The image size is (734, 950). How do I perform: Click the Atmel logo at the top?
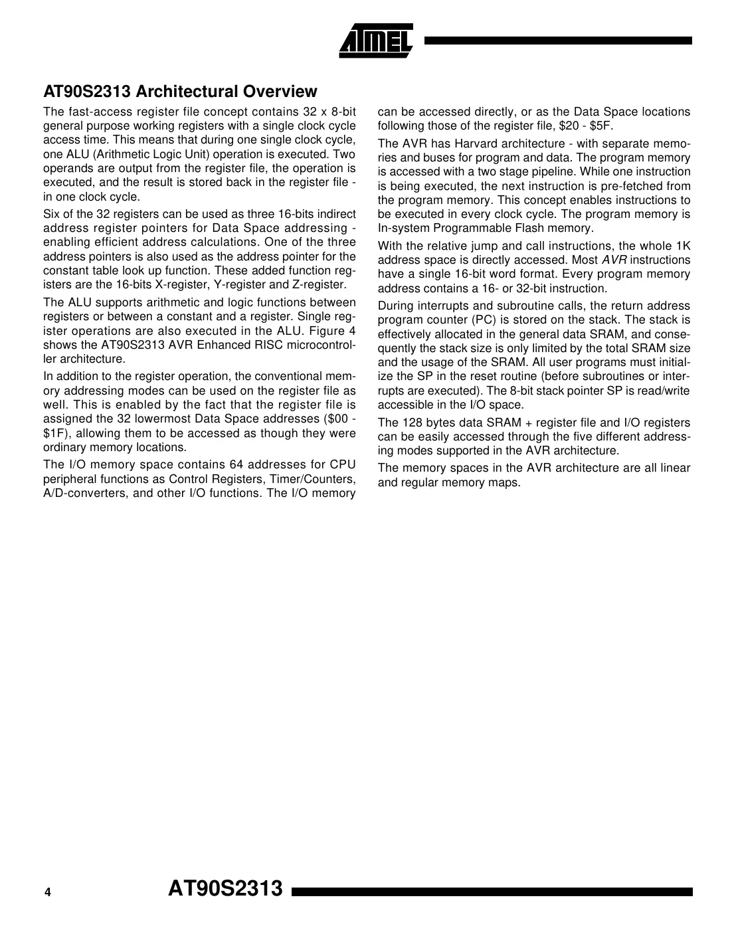click(x=376, y=41)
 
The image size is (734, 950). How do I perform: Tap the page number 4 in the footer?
click(x=47, y=893)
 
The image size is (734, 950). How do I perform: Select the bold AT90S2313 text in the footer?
click(x=225, y=888)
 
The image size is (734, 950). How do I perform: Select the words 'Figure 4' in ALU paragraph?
click(x=333, y=331)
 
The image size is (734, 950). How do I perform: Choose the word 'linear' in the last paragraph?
click(x=675, y=468)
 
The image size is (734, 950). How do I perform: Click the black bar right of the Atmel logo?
click(x=558, y=41)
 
